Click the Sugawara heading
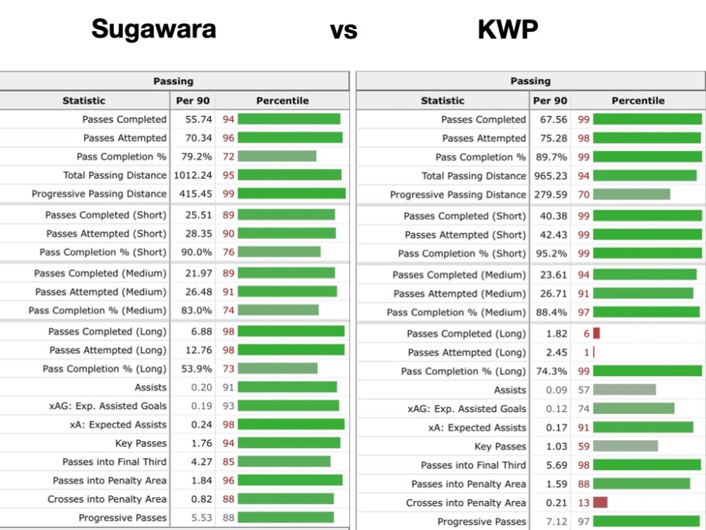pyautogui.click(x=154, y=30)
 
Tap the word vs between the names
pyautogui.click(x=343, y=31)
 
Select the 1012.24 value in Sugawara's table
pyautogui.click(x=191, y=175)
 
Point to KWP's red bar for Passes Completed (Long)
pyautogui.click(x=597, y=334)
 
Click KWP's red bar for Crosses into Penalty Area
pyautogui.click(x=600, y=502)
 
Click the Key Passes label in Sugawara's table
pyautogui.click(x=141, y=443)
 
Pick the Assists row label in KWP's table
pyautogui.click(x=510, y=389)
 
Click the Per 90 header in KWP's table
pyautogui.click(x=550, y=100)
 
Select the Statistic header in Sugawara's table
pyautogui.click(x=84, y=100)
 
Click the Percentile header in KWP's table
pyautogui.click(x=638, y=100)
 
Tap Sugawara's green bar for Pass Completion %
pyautogui.click(x=277, y=156)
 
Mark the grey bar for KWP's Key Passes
pyautogui.click(x=626, y=446)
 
